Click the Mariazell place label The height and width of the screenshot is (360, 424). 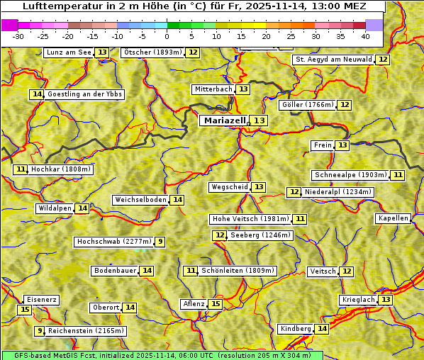click(224, 120)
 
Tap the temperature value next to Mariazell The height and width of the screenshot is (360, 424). click(260, 120)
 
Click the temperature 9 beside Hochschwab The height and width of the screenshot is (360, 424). click(161, 242)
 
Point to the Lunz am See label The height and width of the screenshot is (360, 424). click(68, 52)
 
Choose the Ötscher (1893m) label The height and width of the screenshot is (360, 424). click(152, 52)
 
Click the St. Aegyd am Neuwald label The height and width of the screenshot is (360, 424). click(333, 60)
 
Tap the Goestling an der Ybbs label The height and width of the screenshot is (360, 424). click(84, 94)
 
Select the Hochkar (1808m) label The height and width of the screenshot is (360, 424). click(62, 169)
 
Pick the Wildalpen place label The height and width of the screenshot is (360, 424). click(55, 208)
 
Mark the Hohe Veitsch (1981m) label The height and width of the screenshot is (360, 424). click(250, 219)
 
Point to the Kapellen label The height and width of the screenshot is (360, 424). click(393, 218)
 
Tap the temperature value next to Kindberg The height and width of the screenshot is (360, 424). click(322, 329)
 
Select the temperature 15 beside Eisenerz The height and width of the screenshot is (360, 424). click(25, 310)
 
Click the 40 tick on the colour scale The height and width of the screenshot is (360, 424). click(365, 35)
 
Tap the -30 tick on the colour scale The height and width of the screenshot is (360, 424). click(18, 35)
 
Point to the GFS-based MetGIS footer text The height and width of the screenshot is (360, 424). click(162, 355)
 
